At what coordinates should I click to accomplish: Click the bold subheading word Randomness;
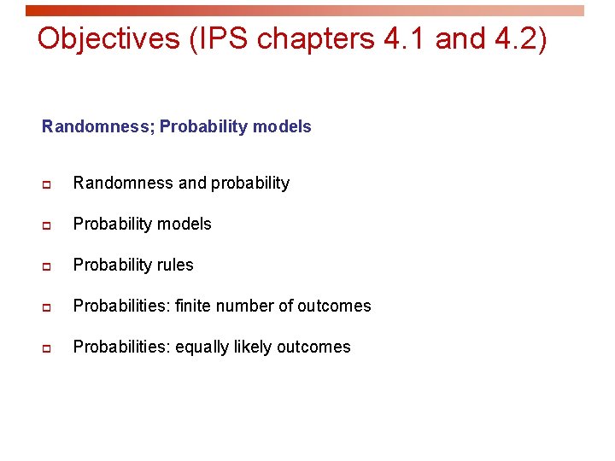98,127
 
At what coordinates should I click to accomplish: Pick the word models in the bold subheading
284,127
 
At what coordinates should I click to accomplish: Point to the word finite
194,306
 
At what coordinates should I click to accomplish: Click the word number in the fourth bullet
248,306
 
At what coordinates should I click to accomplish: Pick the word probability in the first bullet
250,184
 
